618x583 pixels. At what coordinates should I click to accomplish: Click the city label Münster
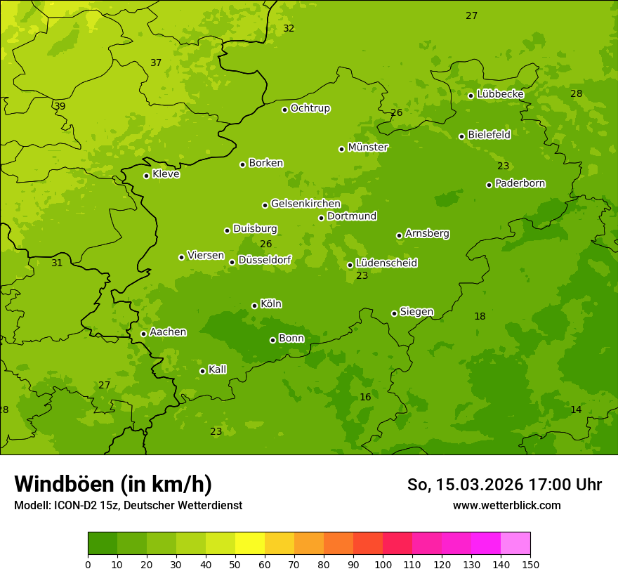click(368, 148)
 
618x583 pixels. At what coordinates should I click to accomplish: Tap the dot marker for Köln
click(254, 306)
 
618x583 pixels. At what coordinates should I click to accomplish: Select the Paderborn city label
click(520, 183)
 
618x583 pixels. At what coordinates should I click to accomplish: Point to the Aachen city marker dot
click(143, 334)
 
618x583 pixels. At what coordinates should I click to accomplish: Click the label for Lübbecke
click(500, 94)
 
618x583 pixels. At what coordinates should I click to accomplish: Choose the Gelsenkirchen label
click(305, 204)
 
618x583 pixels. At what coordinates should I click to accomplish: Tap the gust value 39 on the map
click(60, 106)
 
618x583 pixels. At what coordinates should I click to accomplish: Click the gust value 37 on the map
click(156, 63)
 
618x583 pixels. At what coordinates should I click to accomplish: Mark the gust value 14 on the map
click(576, 410)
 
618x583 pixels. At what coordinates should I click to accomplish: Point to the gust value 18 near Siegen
click(480, 316)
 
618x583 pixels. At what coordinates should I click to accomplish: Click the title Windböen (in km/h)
click(113, 484)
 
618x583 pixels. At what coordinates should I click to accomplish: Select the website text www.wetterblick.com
click(506, 505)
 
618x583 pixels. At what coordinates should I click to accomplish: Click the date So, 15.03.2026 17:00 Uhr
click(504, 485)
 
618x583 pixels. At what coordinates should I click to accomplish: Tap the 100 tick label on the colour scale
click(383, 564)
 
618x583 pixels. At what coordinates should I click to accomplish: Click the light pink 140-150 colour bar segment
click(515, 544)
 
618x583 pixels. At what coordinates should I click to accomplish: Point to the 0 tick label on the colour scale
click(88, 564)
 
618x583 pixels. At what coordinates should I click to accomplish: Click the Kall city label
click(218, 369)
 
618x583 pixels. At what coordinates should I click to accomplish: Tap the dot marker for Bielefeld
click(461, 136)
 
